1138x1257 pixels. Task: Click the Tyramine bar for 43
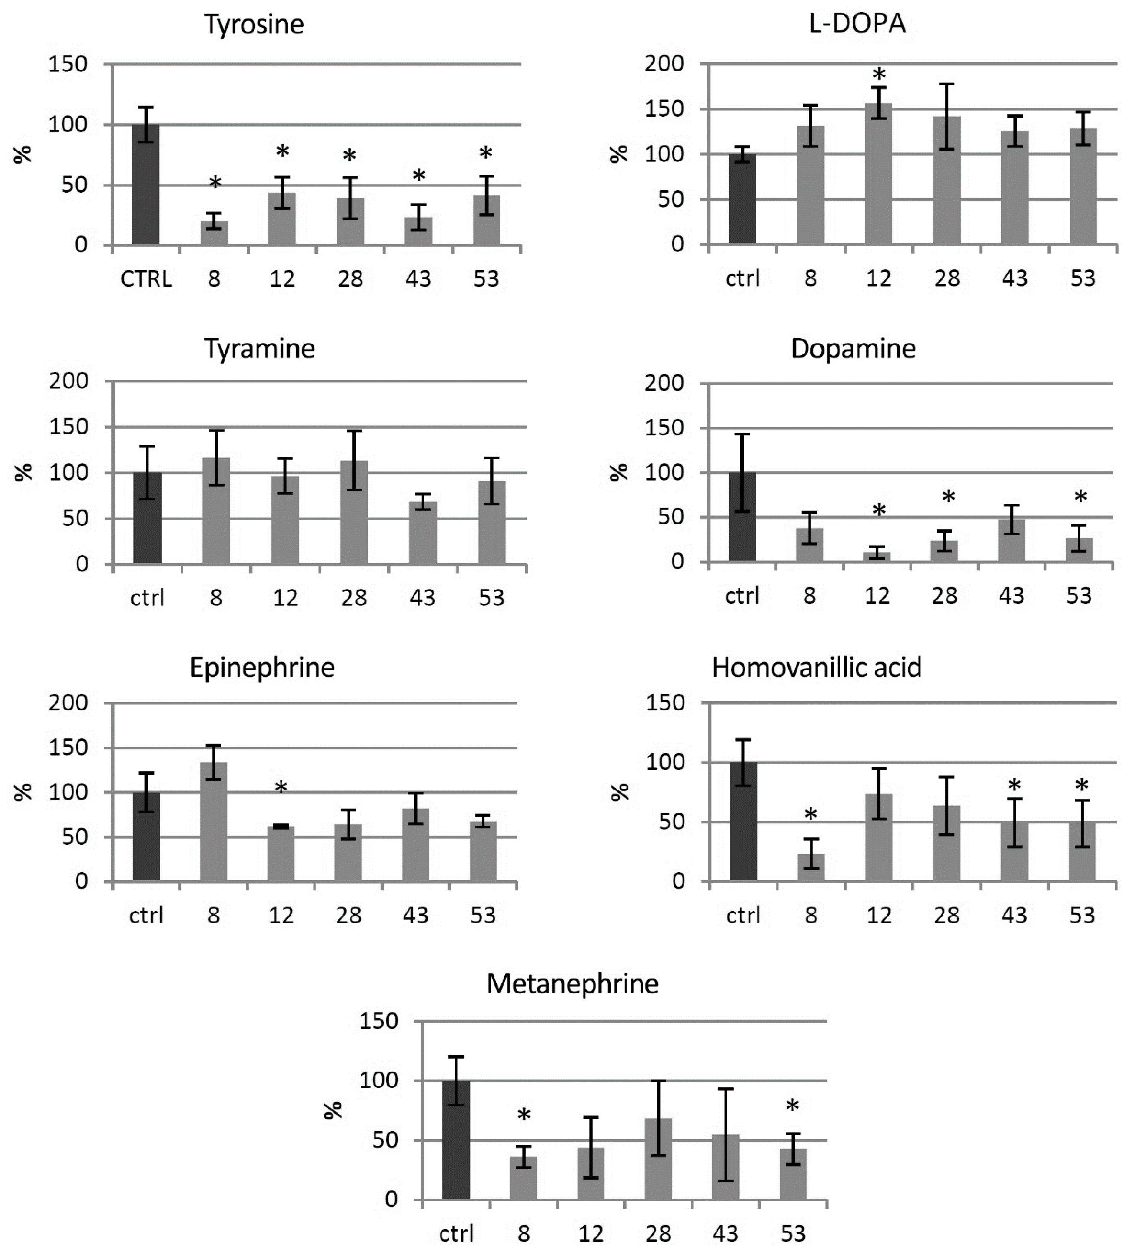[423, 533]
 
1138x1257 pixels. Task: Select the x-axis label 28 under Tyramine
[354, 598]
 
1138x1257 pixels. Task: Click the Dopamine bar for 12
[877, 556]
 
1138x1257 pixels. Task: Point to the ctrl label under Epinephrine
[146, 915]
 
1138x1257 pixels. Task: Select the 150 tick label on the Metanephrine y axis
[378, 1021]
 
